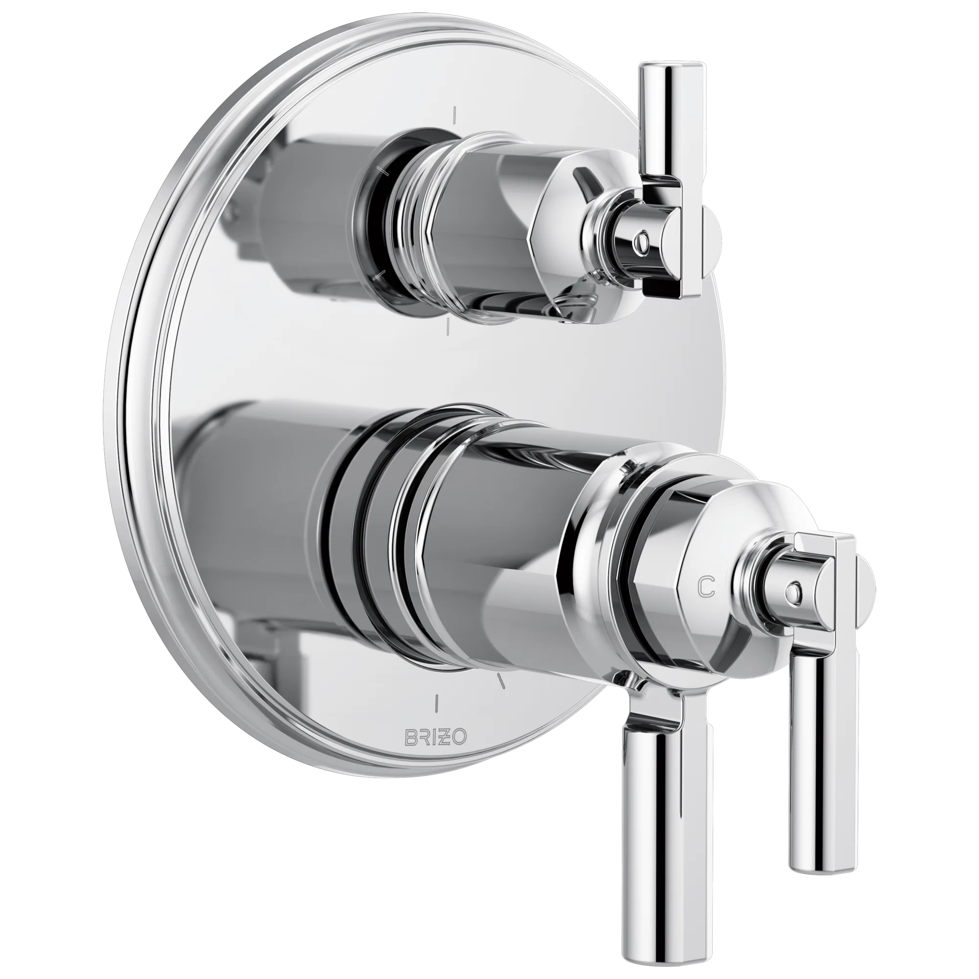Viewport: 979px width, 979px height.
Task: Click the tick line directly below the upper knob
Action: pyautogui.click(x=447, y=328)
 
